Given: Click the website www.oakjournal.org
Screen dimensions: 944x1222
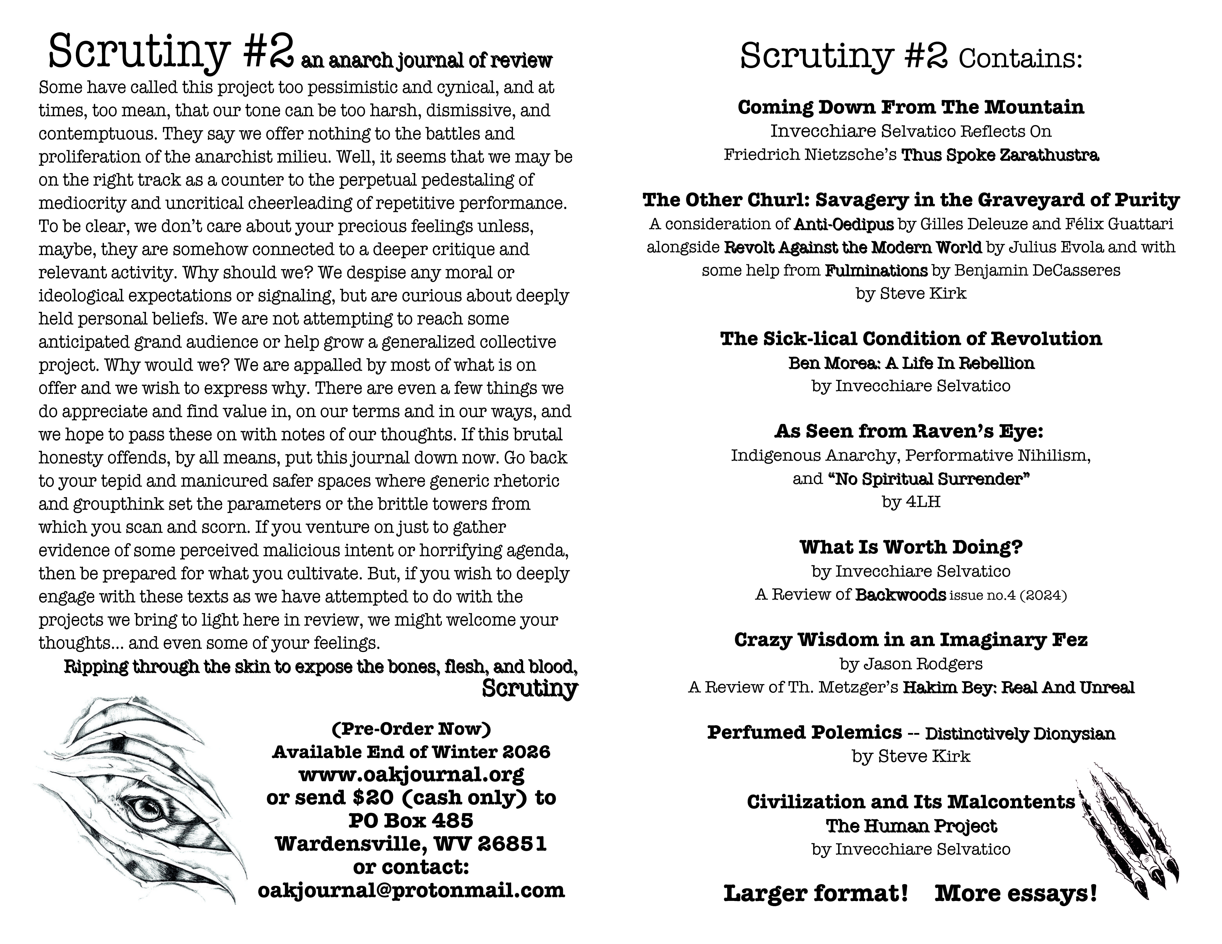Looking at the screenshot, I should [411, 774].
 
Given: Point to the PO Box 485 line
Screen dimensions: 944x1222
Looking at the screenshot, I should [411, 820].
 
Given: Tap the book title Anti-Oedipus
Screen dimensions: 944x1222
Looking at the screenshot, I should [844, 224].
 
